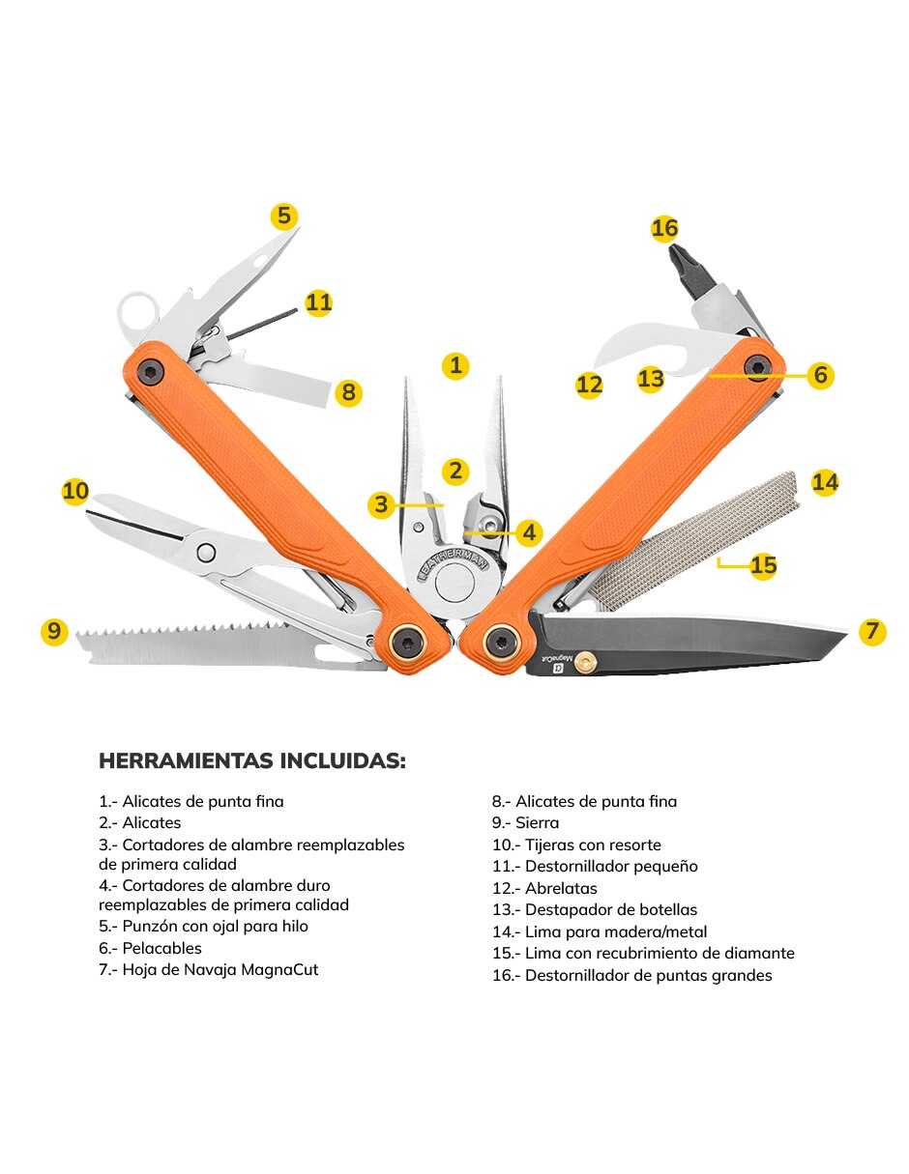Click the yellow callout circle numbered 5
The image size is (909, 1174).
coord(283,216)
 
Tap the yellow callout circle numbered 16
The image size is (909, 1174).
coord(664,229)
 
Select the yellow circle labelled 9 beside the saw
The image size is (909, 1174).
coord(54,631)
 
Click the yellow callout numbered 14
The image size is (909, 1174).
coord(825,482)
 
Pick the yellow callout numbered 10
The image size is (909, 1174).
coord(75,491)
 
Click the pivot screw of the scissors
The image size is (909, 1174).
coord(206,552)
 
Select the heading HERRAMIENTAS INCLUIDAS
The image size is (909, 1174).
coord(251,761)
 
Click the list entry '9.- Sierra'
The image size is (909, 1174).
coord(525,823)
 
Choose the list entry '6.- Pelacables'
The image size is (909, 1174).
coord(150,948)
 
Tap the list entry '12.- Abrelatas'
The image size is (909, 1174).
coord(544,888)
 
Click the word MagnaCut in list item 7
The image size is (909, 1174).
coord(279,969)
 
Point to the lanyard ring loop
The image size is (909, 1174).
coord(138,314)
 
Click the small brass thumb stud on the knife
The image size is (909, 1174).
coord(584,664)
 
